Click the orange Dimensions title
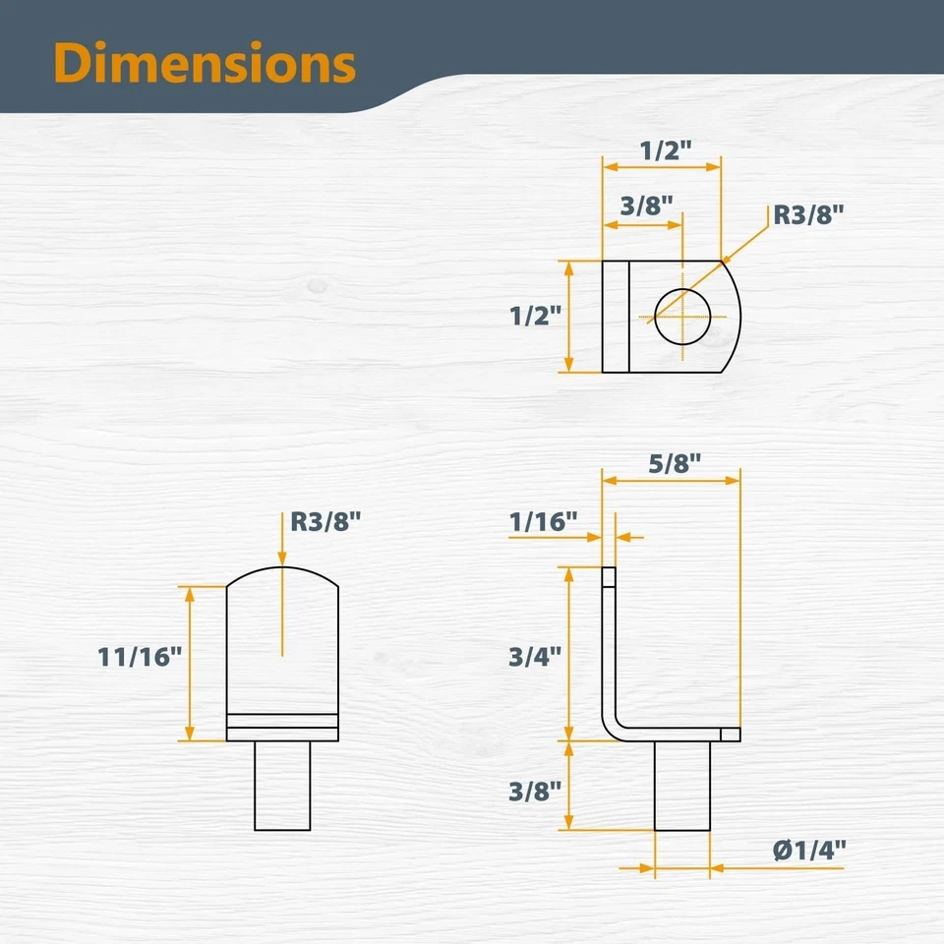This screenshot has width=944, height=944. coord(205,63)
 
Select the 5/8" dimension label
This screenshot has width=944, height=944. coord(675,463)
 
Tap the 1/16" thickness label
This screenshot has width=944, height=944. coord(543,521)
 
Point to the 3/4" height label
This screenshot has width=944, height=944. coord(535,656)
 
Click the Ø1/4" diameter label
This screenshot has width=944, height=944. coord(809,850)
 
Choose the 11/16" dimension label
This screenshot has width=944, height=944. coord(140,657)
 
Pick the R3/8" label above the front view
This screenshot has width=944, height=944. coord(325,521)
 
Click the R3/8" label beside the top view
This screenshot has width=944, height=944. coord(808,214)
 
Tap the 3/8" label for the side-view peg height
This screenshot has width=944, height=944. coord(535,791)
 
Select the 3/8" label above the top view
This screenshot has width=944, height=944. coord(647,206)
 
